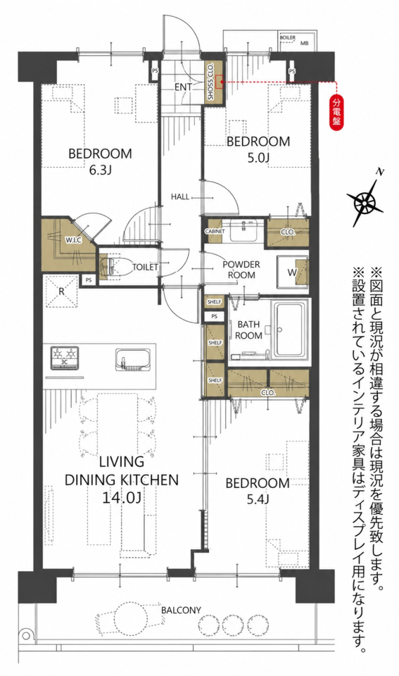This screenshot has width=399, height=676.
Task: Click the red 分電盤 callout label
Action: click(x=336, y=112)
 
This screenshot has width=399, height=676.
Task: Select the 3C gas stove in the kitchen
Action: click(x=64, y=358)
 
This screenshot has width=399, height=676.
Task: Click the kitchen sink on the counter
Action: click(x=132, y=359)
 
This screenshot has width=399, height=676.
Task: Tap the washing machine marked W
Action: click(x=293, y=272)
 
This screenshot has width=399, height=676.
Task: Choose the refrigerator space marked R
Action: click(x=61, y=292)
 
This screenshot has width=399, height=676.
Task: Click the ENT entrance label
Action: click(x=183, y=87)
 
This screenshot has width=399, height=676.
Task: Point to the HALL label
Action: click(x=180, y=196)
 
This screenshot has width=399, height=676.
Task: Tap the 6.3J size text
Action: click(x=100, y=170)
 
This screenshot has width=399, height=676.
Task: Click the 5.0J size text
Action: click(x=258, y=158)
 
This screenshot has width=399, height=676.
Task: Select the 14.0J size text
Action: click(x=122, y=498)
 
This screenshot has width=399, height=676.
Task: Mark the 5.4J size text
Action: click(x=258, y=500)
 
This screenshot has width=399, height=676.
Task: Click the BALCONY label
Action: click(x=181, y=610)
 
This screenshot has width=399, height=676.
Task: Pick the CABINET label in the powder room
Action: click(x=215, y=232)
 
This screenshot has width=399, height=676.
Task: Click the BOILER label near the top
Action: click(x=287, y=38)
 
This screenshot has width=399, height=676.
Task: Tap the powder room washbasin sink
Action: click(x=243, y=230)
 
